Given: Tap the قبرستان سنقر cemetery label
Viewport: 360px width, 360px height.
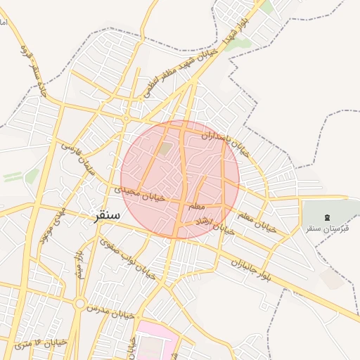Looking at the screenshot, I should [x=328, y=229].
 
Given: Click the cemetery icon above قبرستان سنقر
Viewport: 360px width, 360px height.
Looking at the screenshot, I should [x=328, y=217].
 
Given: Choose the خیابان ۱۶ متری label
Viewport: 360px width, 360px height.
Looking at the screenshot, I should [x=41, y=344].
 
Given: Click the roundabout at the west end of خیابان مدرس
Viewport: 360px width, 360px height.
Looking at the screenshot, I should [x=79, y=303].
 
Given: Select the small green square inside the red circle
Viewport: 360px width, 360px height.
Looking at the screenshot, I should [x=165, y=148].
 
